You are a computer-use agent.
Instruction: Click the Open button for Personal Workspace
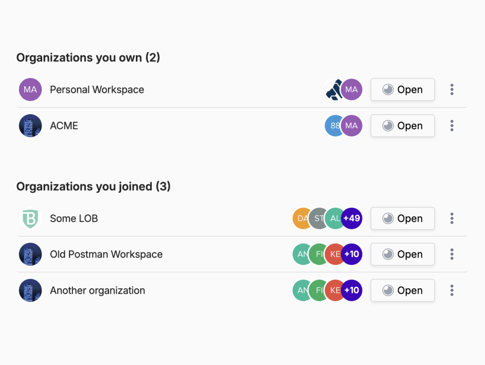(x=403, y=90)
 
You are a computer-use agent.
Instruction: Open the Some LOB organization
(x=403, y=218)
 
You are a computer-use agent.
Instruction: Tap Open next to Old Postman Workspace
(x=403, y=254)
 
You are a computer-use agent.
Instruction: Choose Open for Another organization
(x=403, y=291)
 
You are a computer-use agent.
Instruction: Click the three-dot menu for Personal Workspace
(x=452, y=90)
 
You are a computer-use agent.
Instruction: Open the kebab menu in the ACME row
(x=452, y=126)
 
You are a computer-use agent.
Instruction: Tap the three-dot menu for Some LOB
(x=452, y=218)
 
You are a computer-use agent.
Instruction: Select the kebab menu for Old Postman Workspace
(x=452, y=254)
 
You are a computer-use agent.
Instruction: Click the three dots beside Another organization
(x=452, y=291)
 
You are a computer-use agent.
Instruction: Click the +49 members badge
(x=352, y=218)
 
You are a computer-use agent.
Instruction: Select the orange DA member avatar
(x=300, y=218)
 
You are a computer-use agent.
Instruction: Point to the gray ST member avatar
(x=317, y=218)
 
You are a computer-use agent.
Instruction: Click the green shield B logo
(x=30, y=218)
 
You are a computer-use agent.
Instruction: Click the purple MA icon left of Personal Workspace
(x=30, y=90)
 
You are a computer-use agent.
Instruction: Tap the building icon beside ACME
(x=30, y=126)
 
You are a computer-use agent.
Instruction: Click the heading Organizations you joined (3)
(x=93, y=186)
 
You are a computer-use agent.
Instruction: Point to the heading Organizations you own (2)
(x=88, y=57)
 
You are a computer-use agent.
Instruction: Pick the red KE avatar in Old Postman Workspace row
(x=334, y=254)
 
